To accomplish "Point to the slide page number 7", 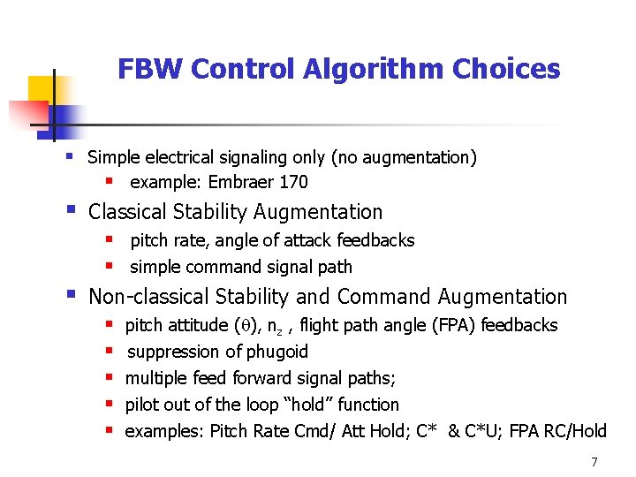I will (594, 462).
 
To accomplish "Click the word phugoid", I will (278, 352).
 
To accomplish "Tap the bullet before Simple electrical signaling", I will (68, 156).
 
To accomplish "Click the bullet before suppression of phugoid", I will (110, 352).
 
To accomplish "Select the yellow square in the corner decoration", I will (41, 88).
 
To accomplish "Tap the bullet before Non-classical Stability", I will (69, 296).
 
